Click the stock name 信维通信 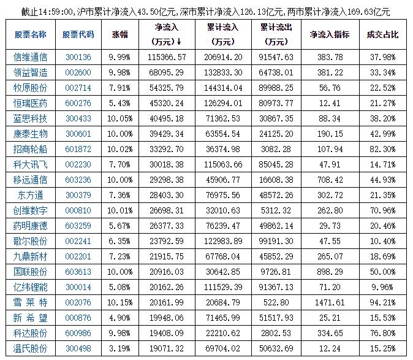tap(30, 57)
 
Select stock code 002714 tap(78, 88)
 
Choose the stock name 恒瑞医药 tap(30, 103)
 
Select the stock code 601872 tap(78, 149)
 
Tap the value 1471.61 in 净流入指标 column tap(330, 302)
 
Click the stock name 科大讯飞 tap(30, 164)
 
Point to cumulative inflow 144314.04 tap(226, 88)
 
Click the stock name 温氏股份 tap(30, 348)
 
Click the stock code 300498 tap(78, 348)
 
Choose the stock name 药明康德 tap(30, 226)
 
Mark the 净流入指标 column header tap(330, 35)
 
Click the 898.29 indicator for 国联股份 tap(330, 272)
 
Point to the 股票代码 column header tap(78, 35)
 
